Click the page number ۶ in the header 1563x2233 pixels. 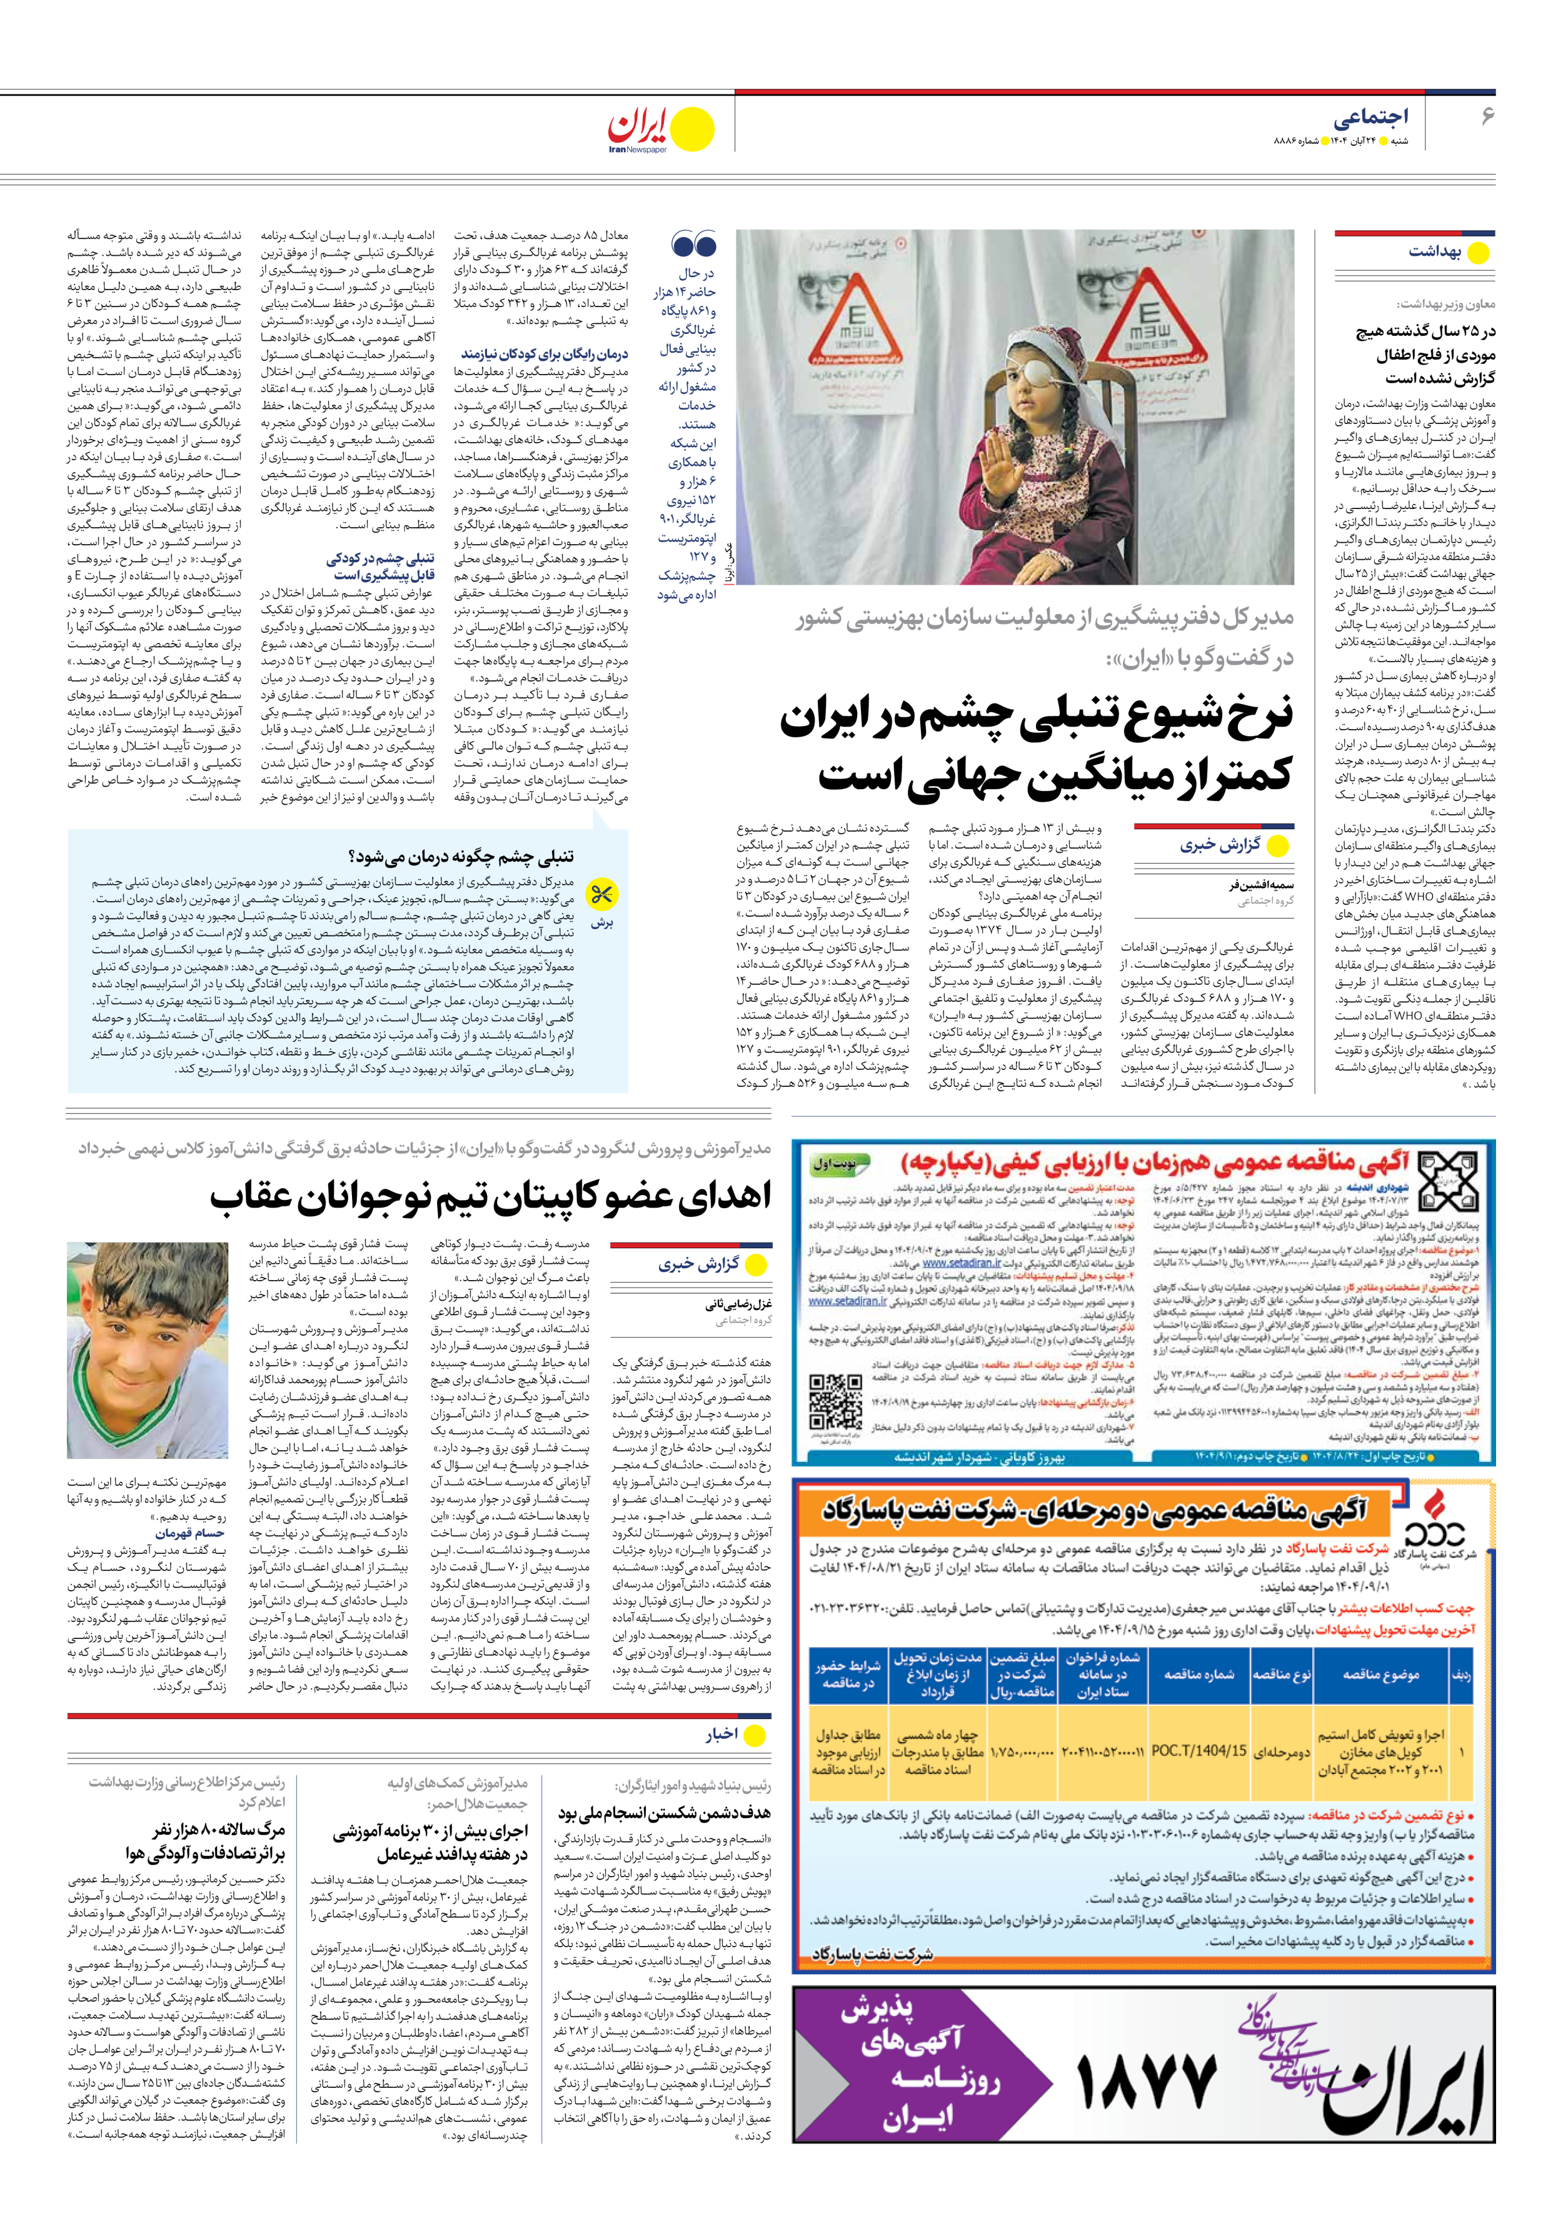1486,117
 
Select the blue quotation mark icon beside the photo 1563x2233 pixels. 693,246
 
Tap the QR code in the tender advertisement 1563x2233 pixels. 835,1401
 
